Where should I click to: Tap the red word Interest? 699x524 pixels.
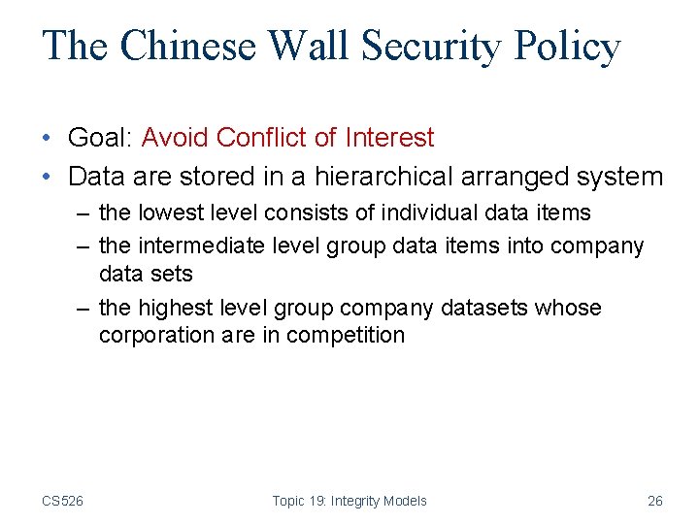(x=390, y=139)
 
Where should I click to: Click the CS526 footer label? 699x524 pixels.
(x=62, y=501)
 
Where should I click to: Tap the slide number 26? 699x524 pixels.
(x=655, y=501)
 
